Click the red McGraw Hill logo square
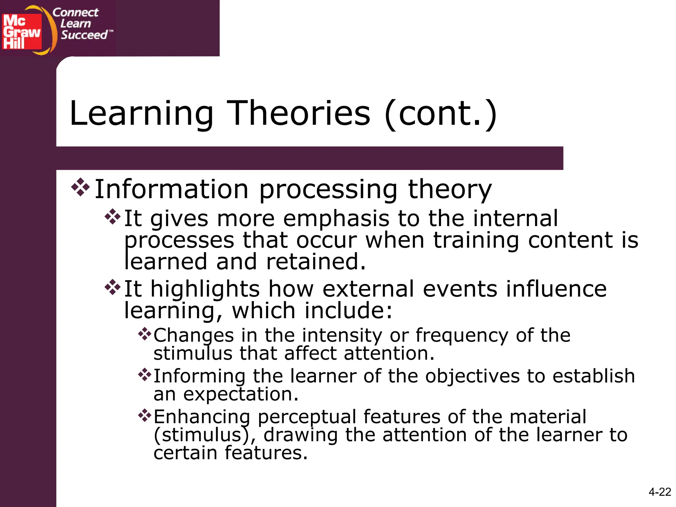pos(22,32)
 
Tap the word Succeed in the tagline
pos(84,35)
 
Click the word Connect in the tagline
pos(76,13)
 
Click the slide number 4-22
pos(659,492)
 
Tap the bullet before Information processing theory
pos(81,187)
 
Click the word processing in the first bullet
pos(328,190)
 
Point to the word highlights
pos(205,289)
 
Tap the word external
pos(368,289)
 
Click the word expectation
pos(241,394)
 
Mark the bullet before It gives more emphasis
pos(113,217)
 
